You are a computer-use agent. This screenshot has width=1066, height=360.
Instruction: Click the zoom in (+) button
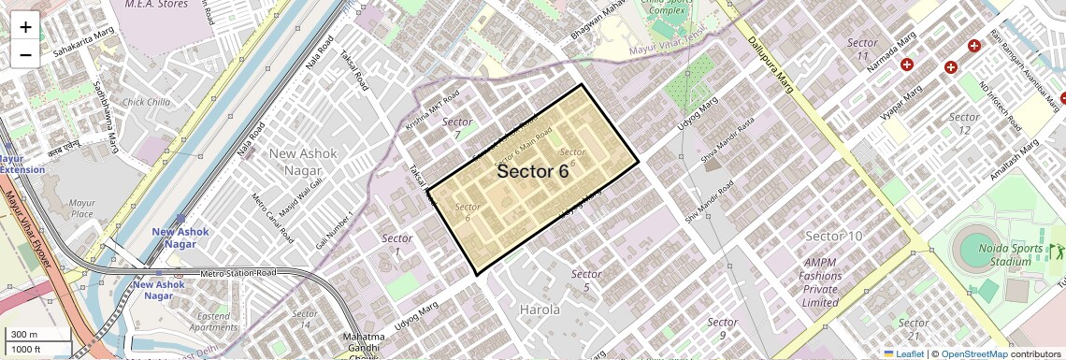coord(25,27)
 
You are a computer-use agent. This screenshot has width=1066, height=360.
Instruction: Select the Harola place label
coord(540,310)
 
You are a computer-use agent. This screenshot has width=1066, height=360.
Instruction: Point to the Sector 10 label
coord(833,236)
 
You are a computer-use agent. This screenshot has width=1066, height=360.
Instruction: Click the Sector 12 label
coord(964,122)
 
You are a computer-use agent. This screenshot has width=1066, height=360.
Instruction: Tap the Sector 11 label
coord(862,49)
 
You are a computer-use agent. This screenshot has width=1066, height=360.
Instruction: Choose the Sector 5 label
coord(586,281)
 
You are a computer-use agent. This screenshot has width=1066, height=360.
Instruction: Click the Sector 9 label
coord(722,328)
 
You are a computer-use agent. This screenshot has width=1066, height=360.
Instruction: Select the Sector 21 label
coord(913,330)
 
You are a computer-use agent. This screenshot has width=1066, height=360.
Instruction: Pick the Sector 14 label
coord(305,319)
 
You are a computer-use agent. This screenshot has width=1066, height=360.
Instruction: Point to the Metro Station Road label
coord(238,273)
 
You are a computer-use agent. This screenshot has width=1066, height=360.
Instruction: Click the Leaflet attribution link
coord(905,353)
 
